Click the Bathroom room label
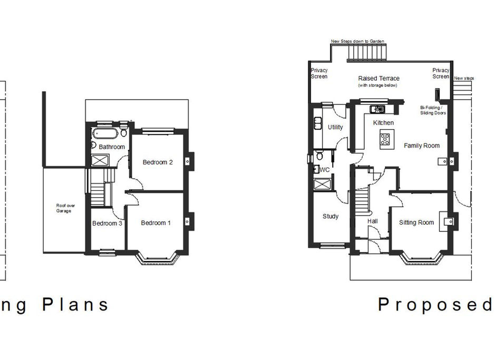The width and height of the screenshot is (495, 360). pyautogui.click(x=112, y=147)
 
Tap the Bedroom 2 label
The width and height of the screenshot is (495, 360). pyautogui.click(x=158, y=162)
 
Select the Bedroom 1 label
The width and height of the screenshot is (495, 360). pyautogui.click(x=156, y=223)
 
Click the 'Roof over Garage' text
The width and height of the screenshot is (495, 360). pyautogui.click(x=64, y=208)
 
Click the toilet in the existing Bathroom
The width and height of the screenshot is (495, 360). pyautogui.click(x=123, y=127)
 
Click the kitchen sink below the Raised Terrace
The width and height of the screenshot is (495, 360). pyautogui.click(x=378, y=109)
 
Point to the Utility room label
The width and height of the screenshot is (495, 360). pyautogui.click(x=335, y=127)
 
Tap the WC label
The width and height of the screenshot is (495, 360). pyautogui.click(x=325, y=170)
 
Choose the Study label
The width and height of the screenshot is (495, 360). pyautogui.click(x=331, y=217)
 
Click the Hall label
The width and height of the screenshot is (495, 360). pyautogui.click(x=373, y=222)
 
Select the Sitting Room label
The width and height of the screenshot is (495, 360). pyautogui.click(x=416, y=222)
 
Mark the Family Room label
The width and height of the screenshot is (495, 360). pyautogui.click(x=421, y=145)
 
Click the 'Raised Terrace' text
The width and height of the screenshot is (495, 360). pyautogui.click(x=378, y=79)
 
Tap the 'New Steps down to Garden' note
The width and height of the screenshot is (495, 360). pyautogui.click(x=357, y=41)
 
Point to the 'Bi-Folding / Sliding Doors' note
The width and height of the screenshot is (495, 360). pyautogui.click(x=433, y=109)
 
